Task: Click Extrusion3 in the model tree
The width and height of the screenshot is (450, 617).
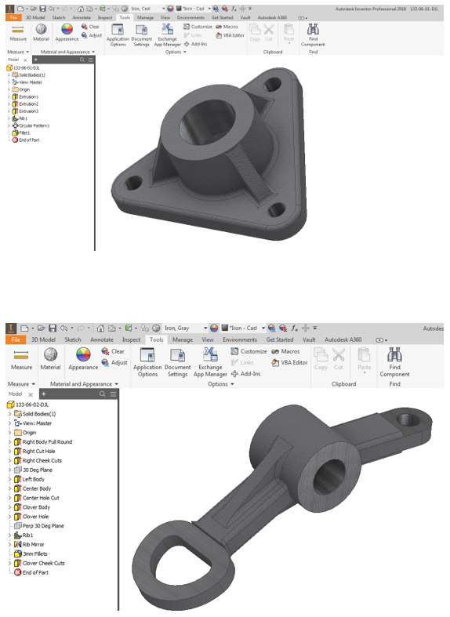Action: point(29,111)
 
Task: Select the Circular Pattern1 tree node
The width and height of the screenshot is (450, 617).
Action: point(34,125)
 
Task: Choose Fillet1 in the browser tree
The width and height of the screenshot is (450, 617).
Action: point(24,132)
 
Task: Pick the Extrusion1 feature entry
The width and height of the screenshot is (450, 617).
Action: point(29,96)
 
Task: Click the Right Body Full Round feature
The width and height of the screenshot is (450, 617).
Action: point(46,442)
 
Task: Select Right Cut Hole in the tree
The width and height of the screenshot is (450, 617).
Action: point(38,452)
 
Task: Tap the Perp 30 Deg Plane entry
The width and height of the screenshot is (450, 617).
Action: point(44,525)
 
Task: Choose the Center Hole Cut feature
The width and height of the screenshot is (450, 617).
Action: point(40,498)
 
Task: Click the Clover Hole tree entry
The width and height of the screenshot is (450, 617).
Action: point(36,517)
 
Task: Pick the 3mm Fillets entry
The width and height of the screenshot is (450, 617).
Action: point(34,553)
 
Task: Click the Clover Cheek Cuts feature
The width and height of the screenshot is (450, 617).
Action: point(43,563)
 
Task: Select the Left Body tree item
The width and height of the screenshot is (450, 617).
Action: point(33,479)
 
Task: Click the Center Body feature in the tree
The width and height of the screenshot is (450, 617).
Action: point(35,488)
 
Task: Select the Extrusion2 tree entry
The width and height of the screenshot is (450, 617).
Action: point(29,103)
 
